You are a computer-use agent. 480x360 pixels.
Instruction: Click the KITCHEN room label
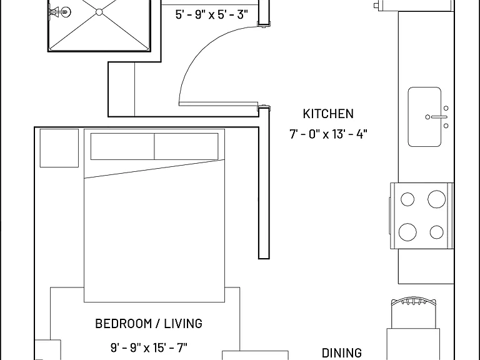click(x=328, y=114)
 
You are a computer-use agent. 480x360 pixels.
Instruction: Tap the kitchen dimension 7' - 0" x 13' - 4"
click(x=328, y=134)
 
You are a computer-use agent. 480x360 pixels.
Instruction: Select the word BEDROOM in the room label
click(x=123, y=324)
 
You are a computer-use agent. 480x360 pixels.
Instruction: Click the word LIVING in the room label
click(x=183, y=324)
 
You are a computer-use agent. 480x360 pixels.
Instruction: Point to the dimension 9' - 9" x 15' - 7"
click(x=149, y=347)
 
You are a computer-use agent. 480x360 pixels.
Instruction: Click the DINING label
click(x=342, y=353)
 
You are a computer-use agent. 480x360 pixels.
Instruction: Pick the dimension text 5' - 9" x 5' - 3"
click(x=211, y=14)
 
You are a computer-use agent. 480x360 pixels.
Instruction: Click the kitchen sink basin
click(x=424, y=117)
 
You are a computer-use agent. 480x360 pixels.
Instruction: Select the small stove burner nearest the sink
click(x=407, y=199)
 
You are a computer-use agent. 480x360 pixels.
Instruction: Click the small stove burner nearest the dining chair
click(x=436, y=232)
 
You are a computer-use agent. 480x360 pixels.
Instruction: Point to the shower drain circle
click(x=99, y=12)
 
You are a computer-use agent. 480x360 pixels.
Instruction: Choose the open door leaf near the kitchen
click(x=219, y=104)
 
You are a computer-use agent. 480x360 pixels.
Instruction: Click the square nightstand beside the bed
click(x=59, y=148)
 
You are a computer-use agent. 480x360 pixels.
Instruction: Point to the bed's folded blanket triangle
click(x=154, y=169)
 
